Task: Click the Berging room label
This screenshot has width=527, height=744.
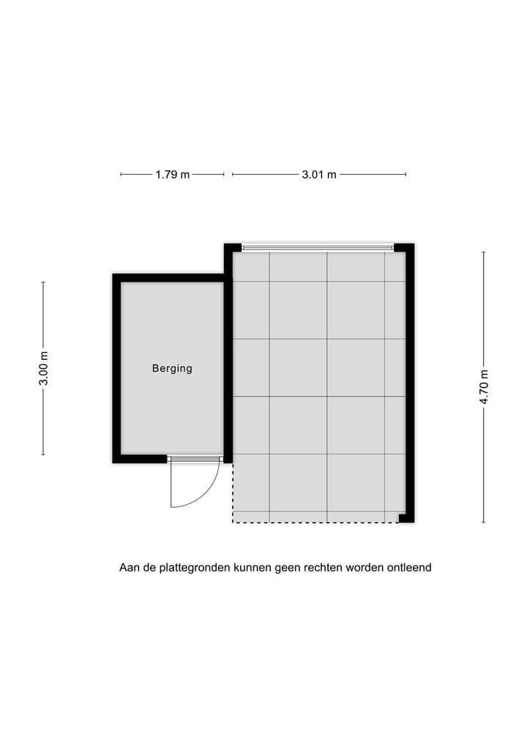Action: tap(172, 369)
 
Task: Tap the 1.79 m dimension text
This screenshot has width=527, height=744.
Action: tap(172, 175)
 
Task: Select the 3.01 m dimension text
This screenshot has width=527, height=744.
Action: tap(319, 175)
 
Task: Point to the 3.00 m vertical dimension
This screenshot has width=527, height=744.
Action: tap(44, 369)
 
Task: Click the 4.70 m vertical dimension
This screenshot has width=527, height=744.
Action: tap(484, 387)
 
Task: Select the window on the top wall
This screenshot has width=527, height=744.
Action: tap(318, 248)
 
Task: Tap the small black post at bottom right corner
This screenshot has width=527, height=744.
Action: tap(403, 518)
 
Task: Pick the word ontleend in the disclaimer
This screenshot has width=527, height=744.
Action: tap(410, 568)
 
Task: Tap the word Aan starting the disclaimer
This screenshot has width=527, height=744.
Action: tap(129, 568)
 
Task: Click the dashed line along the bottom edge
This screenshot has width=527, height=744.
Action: tap(315, 522)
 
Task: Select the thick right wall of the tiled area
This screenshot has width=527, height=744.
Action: tap(410, 380)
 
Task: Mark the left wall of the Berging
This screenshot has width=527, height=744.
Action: tap(116, 369)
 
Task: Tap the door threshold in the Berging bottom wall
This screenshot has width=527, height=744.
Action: tap(195, 459)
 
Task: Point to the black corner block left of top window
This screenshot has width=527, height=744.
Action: tap(232, 248)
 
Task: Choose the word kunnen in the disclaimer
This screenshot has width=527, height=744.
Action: tap(252, 568)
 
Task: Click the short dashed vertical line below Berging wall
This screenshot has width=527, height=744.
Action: tap(233, 493)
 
